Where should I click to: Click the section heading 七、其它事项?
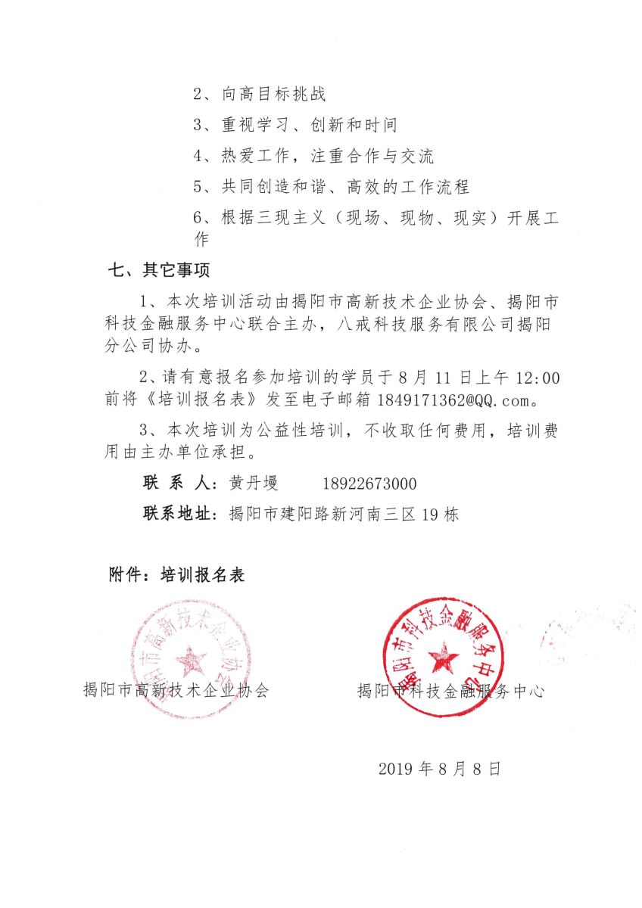(160, 270)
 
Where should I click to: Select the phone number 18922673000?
(369, 484)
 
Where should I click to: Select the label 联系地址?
(178, 515)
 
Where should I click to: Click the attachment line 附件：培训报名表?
(177, 575)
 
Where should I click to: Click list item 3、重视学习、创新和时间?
(295, 126)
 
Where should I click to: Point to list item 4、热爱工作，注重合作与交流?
(313, 157)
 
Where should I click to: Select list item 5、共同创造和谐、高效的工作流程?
(331, 188)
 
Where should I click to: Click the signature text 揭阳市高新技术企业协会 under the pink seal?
(176, 690)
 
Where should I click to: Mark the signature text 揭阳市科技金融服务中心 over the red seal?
(450, 690)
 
